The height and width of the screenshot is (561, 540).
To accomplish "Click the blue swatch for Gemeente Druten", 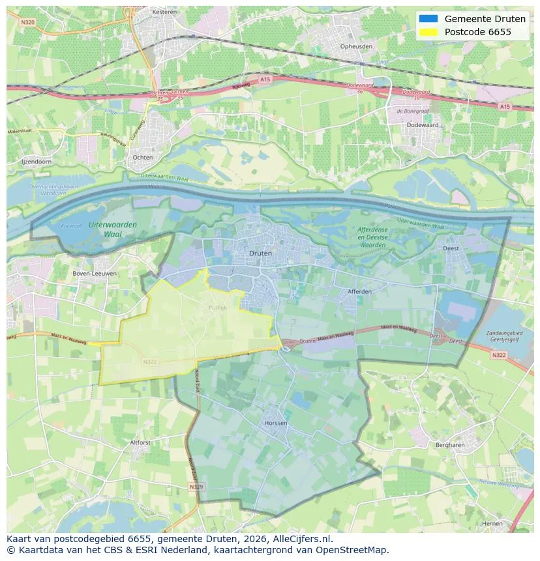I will tap(428, 19).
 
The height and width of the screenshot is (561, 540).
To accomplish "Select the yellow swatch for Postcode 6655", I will tap(428, 32).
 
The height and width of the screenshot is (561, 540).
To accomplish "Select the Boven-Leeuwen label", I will tap(95, 274).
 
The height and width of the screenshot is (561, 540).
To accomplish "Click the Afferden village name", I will tap(359, 291).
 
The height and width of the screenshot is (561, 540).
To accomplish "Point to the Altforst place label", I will tap(140, 442).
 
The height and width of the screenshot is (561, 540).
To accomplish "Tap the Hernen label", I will tap(492, 523).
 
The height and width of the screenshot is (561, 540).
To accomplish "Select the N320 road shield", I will tap(27, 22).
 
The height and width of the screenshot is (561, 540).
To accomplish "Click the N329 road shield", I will tap(196, 487).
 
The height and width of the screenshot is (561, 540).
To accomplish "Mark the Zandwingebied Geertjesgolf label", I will tap(505, 336).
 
